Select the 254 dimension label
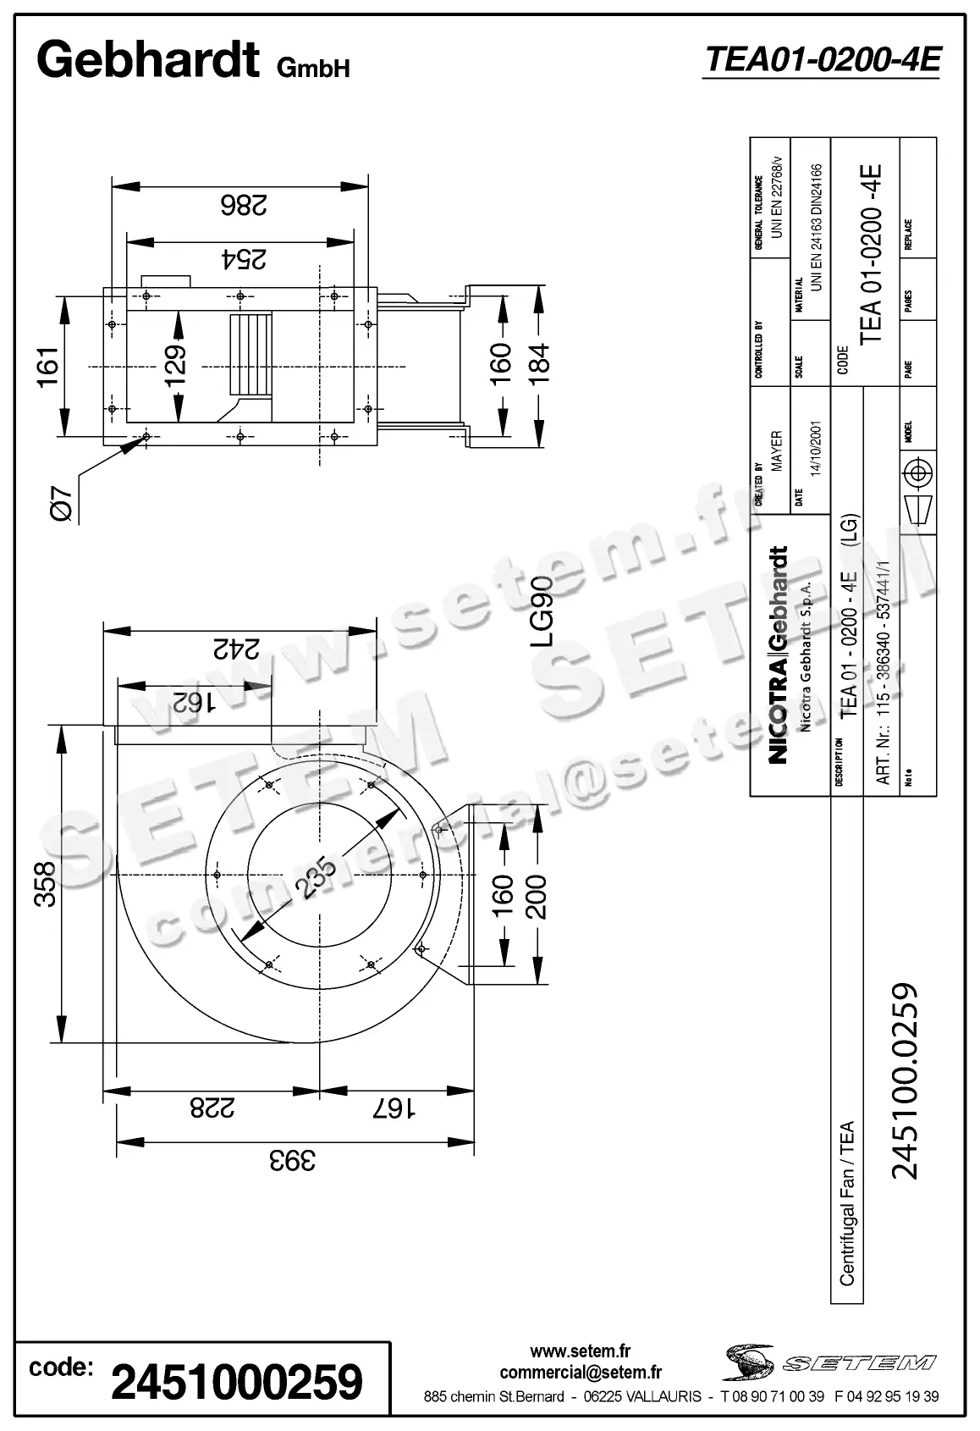tap(244, 259)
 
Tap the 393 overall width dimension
tap(293, 1159)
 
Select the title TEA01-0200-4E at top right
tap(822, 59)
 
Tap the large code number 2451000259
tap(237, 1383)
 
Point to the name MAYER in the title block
tap(777, 452)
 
